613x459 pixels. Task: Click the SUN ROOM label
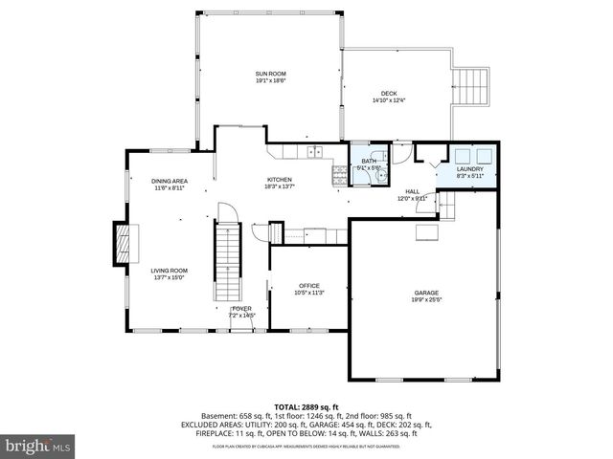(271, 74)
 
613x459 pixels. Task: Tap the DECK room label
(389, 93)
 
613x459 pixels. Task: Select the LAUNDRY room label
(470, 169)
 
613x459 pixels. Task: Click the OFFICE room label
(308, 286)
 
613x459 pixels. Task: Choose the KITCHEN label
(280, 180)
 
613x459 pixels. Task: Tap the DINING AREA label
(170, 181)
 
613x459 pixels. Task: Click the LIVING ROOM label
(169, 271)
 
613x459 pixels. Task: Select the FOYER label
(240, 309)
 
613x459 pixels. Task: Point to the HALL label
(412, 191)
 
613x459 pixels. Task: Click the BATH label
(368, 162)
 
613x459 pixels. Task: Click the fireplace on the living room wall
(123, 243)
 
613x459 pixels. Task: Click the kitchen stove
(339, 174)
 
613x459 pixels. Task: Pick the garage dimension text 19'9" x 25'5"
(426, 300)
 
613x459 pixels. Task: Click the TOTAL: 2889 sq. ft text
(306, 407)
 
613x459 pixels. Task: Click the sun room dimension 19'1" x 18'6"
(271, 81)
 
